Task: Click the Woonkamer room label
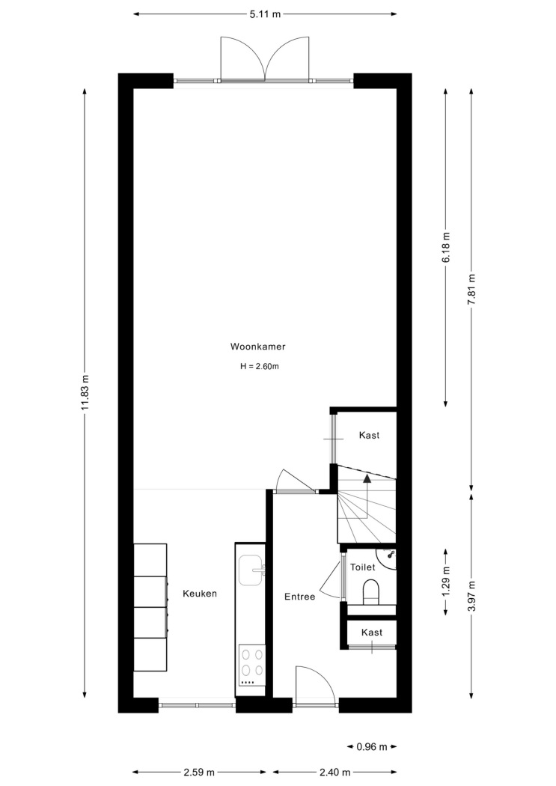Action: (x=257, y=347)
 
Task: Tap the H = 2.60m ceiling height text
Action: (x=260, y=367)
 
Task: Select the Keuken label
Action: (x=200, y=594)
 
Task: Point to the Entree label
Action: (x=299, y=597)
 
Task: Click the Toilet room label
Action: (x=363, y=567)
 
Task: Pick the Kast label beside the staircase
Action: (x=369, y=435)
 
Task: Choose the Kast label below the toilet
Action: (x=372, y=633)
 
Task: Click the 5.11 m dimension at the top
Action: (x=265, y=14)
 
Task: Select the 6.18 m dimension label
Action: (x=446, y=246)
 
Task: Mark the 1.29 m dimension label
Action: (x=446, y=582)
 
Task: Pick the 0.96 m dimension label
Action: (x=372, y=747)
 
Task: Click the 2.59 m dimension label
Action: (x=199, y=772)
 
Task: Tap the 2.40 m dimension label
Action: (x=334, y=772)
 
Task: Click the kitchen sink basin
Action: (x=251, y=570)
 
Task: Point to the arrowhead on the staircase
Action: (x=367, y=478)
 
